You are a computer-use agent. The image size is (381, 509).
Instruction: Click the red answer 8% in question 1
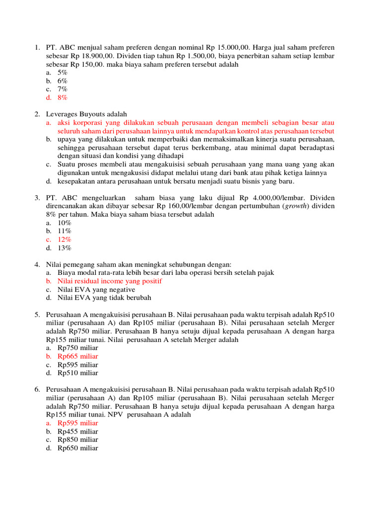coord(63,97)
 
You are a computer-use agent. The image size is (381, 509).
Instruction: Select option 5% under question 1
coord(63,72)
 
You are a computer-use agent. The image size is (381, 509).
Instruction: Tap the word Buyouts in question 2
coord(97,114)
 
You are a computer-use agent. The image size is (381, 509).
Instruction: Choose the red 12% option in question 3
coord(64,239)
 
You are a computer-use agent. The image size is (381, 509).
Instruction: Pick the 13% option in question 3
coord(64,248)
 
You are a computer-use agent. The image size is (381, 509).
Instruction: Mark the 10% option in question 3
coord(64,223)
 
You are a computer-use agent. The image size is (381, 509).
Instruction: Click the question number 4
coord(37,264)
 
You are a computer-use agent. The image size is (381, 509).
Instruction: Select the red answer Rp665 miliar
coord(78,356)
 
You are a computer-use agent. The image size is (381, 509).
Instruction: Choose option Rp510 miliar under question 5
coord(78,373)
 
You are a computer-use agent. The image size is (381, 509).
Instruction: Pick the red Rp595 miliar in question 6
coord(78,423)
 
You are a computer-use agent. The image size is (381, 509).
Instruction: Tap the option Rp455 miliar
coord(78,431)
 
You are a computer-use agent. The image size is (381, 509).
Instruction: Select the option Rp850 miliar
coord(78,439)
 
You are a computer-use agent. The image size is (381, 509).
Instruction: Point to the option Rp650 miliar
coord(78,448)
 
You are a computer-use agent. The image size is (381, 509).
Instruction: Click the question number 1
coord(37,47)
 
